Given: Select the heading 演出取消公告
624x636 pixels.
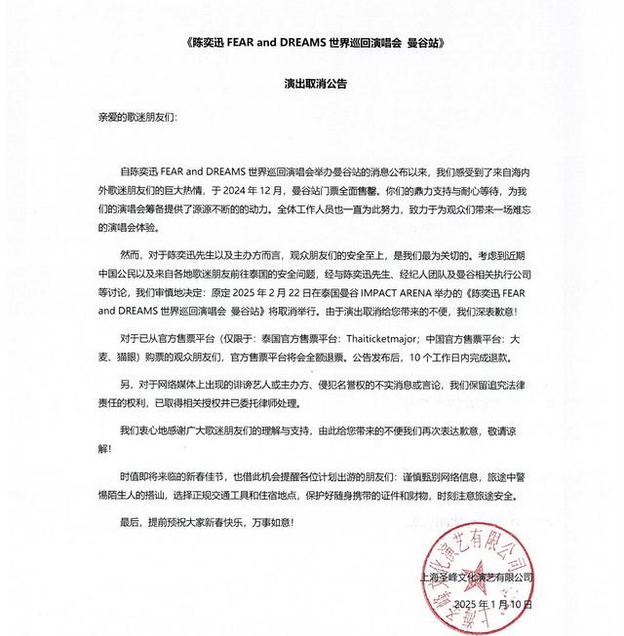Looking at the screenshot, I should click(x=312, y=84).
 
